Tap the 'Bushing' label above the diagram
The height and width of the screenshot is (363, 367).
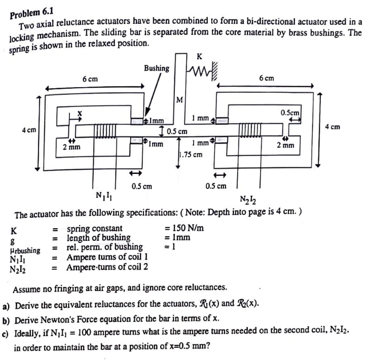157,68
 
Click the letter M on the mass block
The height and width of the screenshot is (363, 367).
179,99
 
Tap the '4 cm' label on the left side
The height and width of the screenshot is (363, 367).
28,130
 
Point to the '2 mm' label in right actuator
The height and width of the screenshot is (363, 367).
286,146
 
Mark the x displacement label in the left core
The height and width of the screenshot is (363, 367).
79,112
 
